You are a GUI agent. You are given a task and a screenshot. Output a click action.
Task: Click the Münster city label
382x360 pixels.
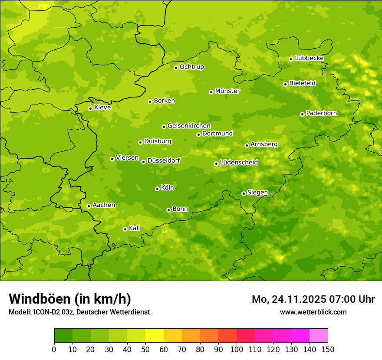227,91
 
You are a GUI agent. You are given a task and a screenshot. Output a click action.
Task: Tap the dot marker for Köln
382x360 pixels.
157,189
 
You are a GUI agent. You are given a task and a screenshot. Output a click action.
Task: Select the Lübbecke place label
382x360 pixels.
309,58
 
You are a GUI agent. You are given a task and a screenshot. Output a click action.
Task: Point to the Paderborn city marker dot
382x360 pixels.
302,114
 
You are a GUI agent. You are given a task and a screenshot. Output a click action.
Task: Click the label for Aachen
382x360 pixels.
104,205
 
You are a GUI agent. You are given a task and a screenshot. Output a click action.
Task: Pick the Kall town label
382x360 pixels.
135,228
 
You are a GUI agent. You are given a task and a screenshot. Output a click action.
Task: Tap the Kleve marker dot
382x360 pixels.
90,108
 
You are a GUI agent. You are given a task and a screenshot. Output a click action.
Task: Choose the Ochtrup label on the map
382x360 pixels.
191,67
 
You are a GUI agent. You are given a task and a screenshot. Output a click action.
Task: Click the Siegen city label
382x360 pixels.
257,193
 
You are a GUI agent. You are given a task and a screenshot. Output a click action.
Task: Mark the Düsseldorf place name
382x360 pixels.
163,160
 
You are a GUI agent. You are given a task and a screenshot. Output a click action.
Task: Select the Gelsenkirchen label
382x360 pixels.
189,126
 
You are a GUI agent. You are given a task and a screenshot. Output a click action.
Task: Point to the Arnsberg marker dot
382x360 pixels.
247,145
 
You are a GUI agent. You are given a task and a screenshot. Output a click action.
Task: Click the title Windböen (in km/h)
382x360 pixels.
70,299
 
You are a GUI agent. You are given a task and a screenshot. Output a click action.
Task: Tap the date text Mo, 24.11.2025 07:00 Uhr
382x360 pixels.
313,299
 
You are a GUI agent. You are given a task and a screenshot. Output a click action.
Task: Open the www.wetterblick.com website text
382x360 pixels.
313,312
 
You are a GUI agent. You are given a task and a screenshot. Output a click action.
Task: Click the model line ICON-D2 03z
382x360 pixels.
79,312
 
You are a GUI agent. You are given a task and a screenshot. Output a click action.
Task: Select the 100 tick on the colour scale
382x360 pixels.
237,349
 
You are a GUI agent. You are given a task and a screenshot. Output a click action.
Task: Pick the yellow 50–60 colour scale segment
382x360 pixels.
155,336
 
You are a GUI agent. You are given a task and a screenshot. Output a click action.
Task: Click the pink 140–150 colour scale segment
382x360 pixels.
318,336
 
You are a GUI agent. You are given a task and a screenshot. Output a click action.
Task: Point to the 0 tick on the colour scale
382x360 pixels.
54,349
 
